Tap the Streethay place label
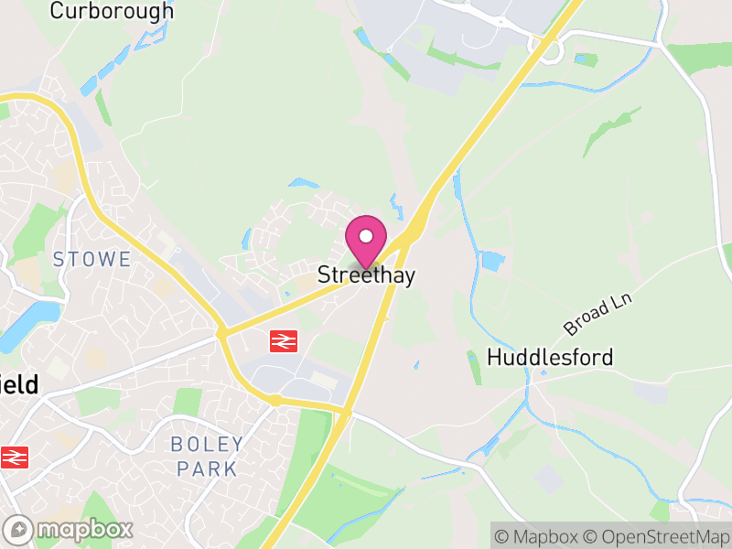[x=366, y=275]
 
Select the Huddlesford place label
[x=550, y=357]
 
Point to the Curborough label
[x=112, y=11]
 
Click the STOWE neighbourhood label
[x=91, y=259]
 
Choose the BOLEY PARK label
[x=207, y=457]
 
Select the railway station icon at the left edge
[x=14, y=456]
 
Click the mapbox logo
[x=70, y=529]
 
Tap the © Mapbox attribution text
[x=537, y=536]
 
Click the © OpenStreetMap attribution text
[x=657, y=536]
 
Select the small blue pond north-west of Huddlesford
[x=491, y=262]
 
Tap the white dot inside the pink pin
[x=366, y=236]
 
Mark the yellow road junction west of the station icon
[x=222, y=333]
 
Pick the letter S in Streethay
[x=324, y=275]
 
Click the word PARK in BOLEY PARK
[x=207, y=469]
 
